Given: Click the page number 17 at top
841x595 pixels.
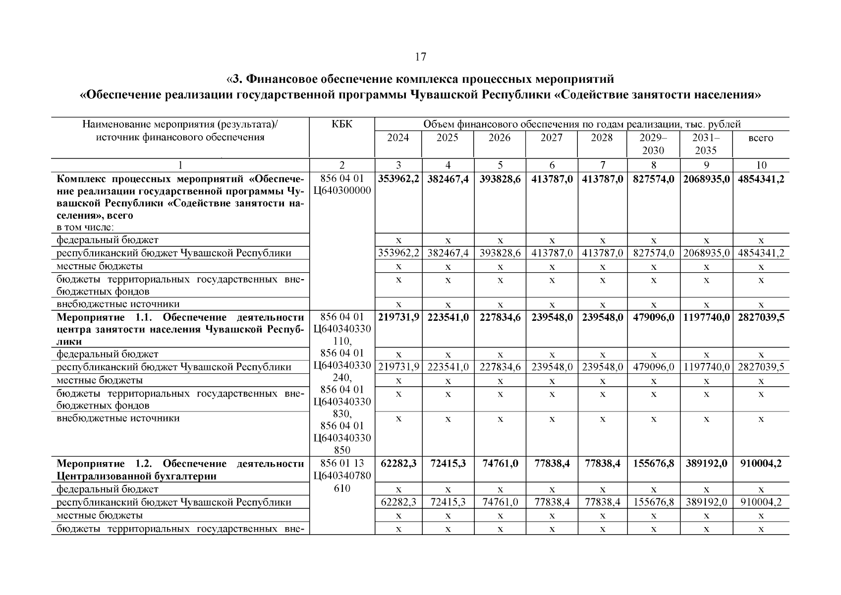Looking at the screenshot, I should pos(420,57).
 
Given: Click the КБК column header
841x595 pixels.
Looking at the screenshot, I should pos(342,124).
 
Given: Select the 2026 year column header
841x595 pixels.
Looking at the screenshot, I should pos(499,138).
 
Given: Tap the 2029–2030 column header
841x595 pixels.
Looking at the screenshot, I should pos(653,144).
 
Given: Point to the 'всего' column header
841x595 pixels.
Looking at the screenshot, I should pos(761,138).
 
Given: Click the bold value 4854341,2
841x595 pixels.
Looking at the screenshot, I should pos(761,179).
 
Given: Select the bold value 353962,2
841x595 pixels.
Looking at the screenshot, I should pos(398,179).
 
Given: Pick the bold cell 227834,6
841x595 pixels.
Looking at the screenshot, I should pos(500,317).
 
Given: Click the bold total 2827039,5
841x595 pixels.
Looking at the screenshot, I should pos(761,317).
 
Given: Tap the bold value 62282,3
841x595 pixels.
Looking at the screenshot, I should pos(398,464).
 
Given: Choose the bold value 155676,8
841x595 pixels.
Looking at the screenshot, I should pos(653,464).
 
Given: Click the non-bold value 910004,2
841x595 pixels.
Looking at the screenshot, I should pos(761,502).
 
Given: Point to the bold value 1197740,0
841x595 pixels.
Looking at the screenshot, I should pos(706,317).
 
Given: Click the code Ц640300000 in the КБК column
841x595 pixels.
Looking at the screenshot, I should pos(342,191).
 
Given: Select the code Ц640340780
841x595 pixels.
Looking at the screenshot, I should pos(342,476).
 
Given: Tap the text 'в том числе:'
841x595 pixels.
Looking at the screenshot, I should pos(85,228).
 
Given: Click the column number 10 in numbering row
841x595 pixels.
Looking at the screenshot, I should pos(761,166).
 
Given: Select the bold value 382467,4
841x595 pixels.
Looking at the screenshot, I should pos(448,179).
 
